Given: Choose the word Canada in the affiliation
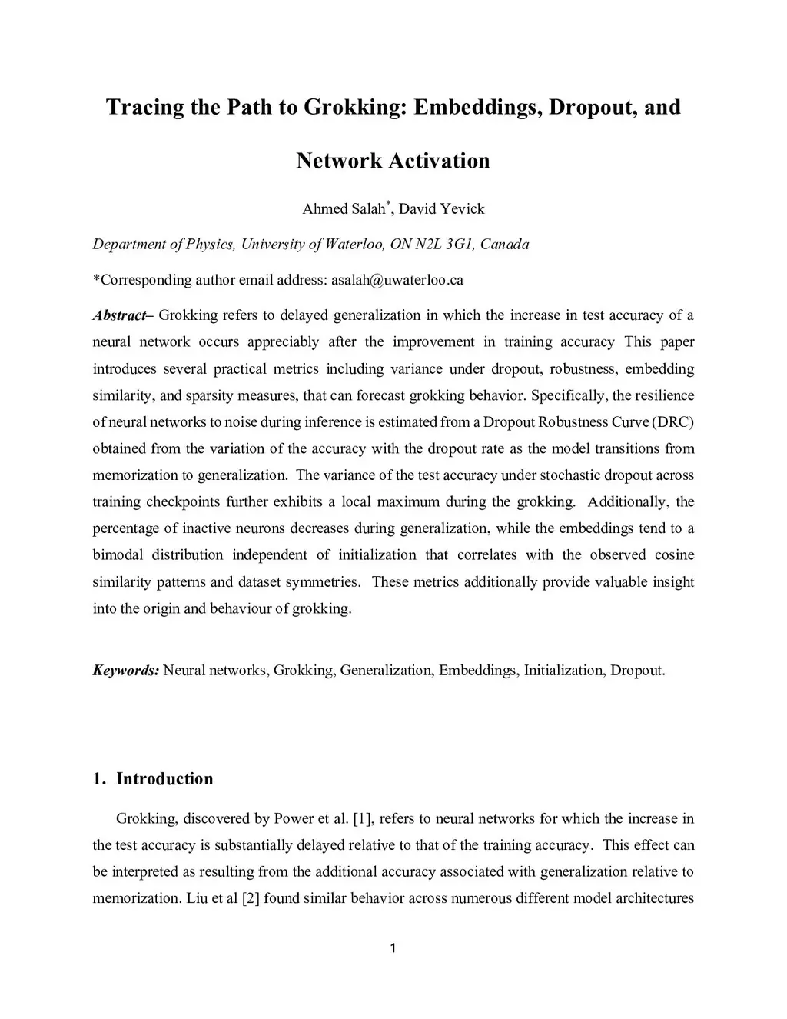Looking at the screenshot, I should coord(504,245).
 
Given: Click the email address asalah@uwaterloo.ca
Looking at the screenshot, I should coord(397,280).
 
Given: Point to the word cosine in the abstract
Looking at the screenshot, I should coord(674,555).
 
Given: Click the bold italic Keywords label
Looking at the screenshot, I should coord(125,671).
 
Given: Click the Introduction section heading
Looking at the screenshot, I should coord(164,779).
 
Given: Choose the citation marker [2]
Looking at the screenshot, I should coord(251,898).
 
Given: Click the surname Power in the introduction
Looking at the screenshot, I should coord(292,819).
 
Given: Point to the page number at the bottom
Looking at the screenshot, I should coord(393,948).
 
